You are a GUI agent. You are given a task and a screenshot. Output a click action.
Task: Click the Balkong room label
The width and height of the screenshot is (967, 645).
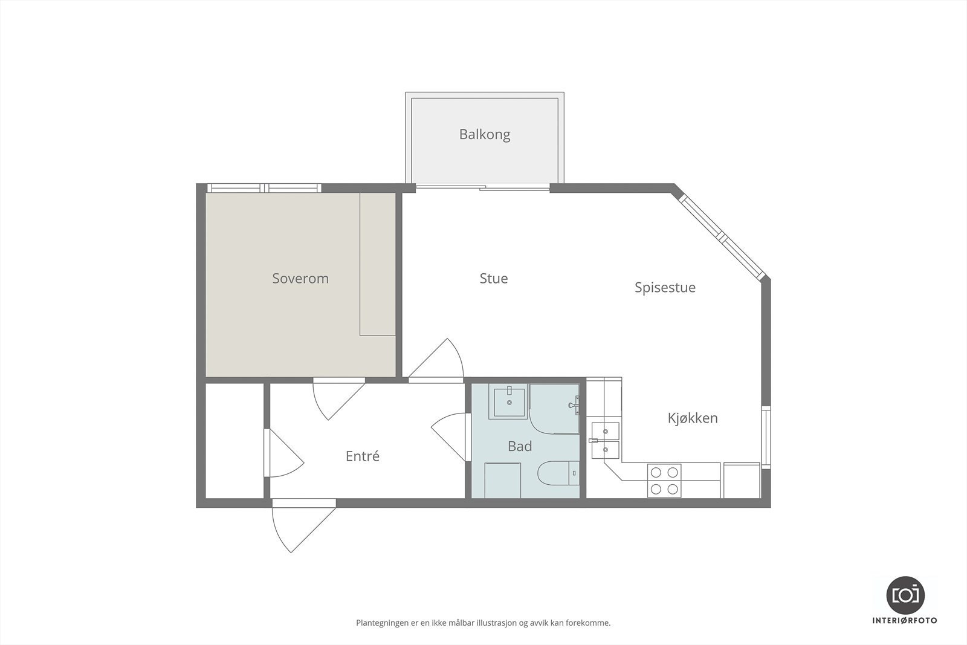pyautogui.click(x=484, y=134)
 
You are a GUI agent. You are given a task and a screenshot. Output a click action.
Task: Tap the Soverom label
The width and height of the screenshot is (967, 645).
pyautogui.click(x=300, y=279)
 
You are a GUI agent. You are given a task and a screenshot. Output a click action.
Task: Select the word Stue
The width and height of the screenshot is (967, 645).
pyautogui.click(x=493, y=279)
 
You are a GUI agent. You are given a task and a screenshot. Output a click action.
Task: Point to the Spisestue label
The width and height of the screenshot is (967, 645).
pyautogui.click(x=665, y=288)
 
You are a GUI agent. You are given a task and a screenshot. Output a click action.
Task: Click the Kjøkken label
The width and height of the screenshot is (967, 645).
pyautogui.click(x=693, y=418)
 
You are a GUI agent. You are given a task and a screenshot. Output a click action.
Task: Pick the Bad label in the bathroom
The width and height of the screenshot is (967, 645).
pyautogui.click(x=519, y=447)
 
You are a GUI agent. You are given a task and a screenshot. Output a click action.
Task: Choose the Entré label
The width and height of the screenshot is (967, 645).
pyautogui.click(x=363, y=456)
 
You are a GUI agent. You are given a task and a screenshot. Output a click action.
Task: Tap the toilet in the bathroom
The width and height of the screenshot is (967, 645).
pyautogui.click(x=557, y=474)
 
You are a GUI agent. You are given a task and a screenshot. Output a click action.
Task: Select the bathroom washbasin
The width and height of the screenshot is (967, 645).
pyautogui.click(x=509, y=402)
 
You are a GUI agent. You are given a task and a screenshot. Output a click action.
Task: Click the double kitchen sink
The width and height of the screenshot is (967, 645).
pyautogui.click(x=605, y=441)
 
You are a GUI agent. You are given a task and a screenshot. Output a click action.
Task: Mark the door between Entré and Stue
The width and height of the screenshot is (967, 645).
pyautogui.click(x=438, y=361)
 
